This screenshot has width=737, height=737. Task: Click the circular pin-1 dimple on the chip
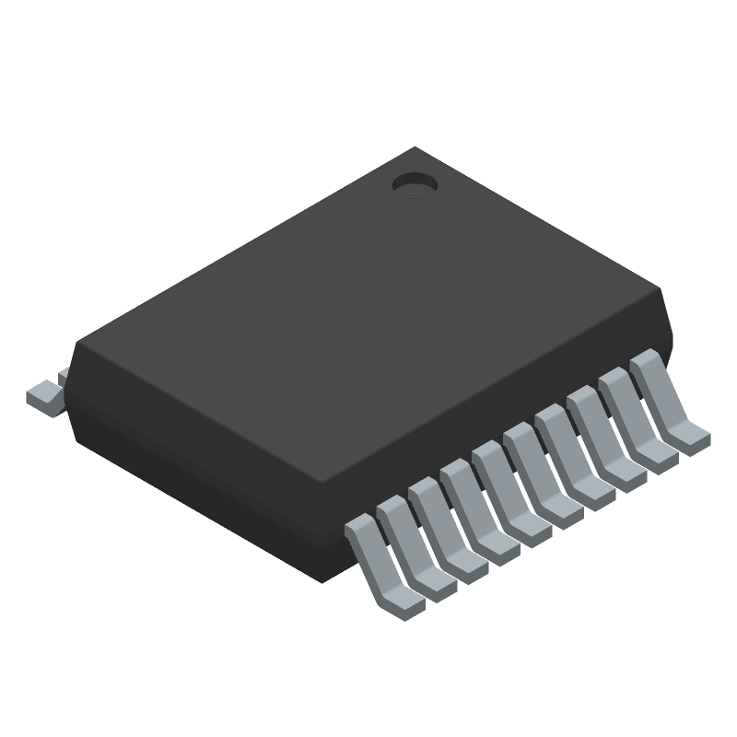(x=414, y=185)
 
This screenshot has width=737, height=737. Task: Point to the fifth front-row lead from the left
(x=506, y=495)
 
